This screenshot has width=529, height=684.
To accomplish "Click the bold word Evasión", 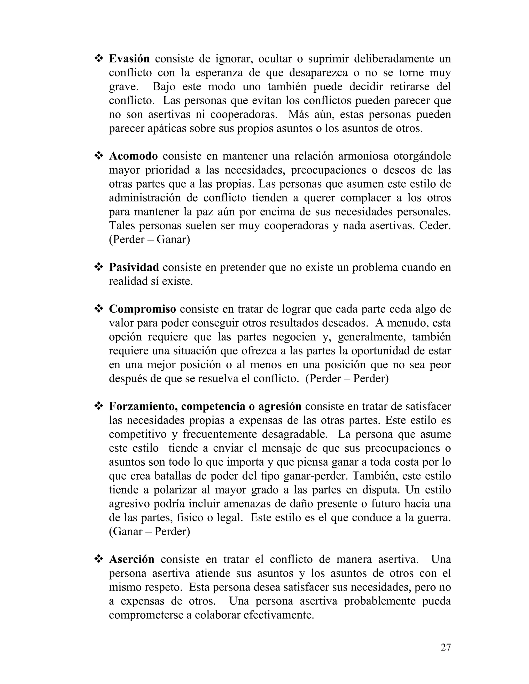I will tap(129, 59).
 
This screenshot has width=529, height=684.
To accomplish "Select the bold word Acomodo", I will tap(133, 156).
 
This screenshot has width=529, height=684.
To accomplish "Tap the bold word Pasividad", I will tap(134, 267).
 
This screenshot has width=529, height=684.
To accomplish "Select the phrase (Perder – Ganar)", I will tap(150, 240).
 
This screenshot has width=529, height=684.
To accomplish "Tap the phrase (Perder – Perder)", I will tap(347, 379).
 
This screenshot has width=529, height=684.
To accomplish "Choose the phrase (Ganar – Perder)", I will tap(150, 531).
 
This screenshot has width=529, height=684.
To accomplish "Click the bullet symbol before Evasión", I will tap(99, 59).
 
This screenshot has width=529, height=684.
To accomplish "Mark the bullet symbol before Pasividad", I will tap(99, 267).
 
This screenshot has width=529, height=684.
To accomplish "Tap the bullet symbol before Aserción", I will tap(99, 559).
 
